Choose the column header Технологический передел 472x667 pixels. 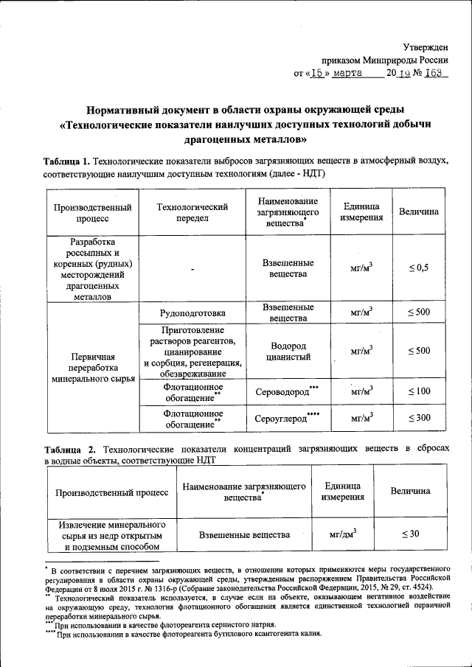[191, 212]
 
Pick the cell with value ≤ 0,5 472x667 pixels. [419, 268]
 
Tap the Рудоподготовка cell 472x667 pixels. [191, 312]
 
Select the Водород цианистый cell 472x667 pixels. [288, 351]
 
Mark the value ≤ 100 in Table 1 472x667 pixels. [419, 391]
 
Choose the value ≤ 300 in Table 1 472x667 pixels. [419, 419]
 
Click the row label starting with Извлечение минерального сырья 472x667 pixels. [108, 534]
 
